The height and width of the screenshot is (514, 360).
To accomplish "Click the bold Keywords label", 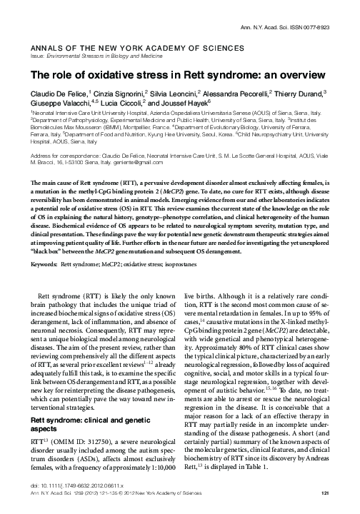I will click(44, 224).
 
